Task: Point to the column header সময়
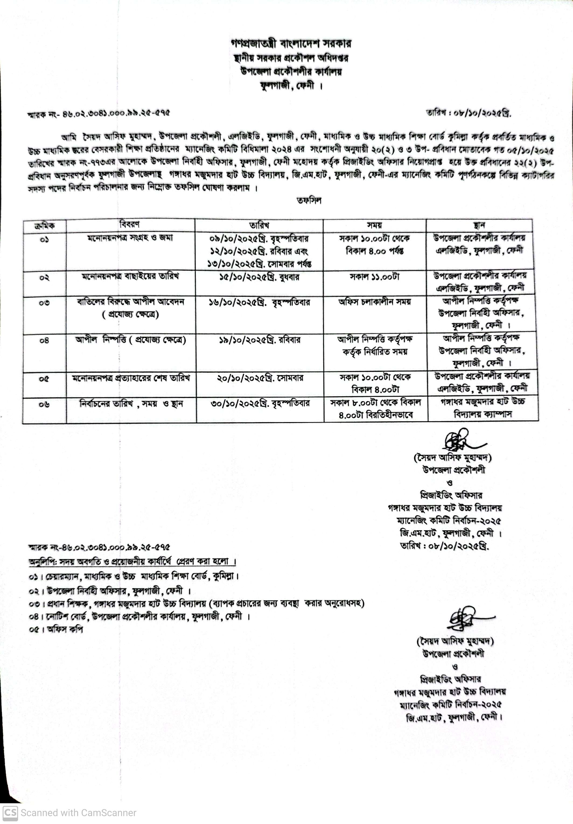pos(374,225)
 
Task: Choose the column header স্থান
pos(479,225)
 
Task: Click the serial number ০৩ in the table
pos(44,303)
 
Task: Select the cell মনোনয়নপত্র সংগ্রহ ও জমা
pos(130,238)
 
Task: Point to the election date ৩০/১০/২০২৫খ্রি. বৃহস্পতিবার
pos(260,404)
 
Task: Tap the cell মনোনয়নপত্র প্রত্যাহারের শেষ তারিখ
pos(131,378)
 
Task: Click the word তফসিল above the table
pos(309,201)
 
